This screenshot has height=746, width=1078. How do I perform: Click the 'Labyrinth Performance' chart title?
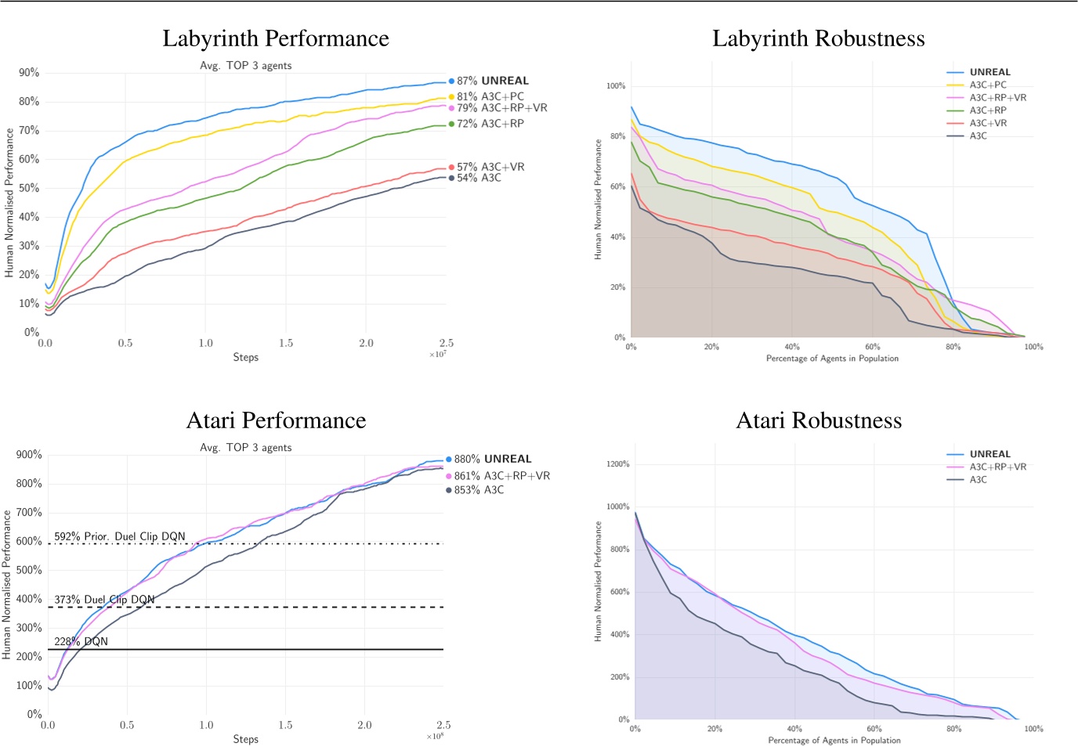tap(275, 38)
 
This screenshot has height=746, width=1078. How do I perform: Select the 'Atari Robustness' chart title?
tap(819, 420)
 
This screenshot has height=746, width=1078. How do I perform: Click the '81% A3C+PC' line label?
tap(490, 96)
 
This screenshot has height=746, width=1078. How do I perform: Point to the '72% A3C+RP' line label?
tap(490, 124)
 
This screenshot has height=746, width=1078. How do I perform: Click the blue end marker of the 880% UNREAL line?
tap(449, 459)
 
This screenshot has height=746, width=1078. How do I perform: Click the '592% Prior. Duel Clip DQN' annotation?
tap(120, 536)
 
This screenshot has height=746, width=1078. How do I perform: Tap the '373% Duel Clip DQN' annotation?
tap(104, 600)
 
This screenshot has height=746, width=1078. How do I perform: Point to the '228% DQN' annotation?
tap(81, 641)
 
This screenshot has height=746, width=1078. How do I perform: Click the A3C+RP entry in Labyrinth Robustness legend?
tap(987, 110)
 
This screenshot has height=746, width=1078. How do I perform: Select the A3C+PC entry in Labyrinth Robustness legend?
tap(987, 85)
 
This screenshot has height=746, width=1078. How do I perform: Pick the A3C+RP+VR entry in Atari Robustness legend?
tap(997, 467)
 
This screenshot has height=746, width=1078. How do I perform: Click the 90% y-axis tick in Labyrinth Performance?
tap(29, 73)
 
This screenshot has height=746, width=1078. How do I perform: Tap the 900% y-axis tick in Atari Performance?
tap(29, 455)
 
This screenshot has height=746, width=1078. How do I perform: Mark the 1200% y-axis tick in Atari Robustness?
tap(617, 464)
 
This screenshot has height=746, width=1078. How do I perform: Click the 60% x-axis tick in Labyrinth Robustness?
tap(873, 347)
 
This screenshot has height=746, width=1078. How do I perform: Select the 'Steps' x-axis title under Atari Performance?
tap(245, 739)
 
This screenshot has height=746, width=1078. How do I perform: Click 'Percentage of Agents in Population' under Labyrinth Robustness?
tap(832, 359)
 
